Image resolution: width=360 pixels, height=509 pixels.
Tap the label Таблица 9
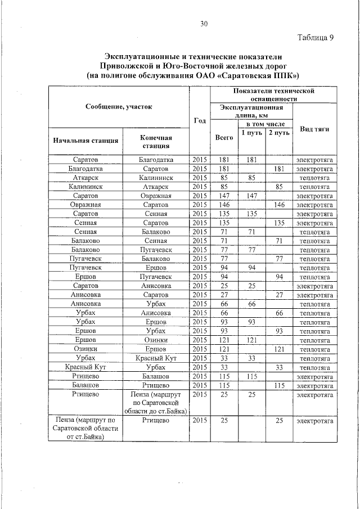click(315, 38)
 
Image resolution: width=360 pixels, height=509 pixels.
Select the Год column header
click(200, 120)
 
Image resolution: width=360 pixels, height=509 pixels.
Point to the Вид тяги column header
click(314, 129)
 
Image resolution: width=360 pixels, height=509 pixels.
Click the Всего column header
click(224, 137)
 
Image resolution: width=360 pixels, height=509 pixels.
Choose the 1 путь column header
click(251, 133)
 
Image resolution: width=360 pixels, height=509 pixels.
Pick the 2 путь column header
click(278, 133)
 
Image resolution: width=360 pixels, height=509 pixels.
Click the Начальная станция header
click(85, 141)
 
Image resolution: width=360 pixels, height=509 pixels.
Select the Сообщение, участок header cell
click(119, 106)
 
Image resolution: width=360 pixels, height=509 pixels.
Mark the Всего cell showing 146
click(224, 205)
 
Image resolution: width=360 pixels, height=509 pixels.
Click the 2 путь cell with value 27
click(278, 295)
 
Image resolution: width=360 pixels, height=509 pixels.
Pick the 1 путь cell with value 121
click(251, 340)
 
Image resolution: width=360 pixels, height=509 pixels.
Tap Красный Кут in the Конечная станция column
click(156, 358)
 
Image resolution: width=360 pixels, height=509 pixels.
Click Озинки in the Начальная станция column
click(85, 349)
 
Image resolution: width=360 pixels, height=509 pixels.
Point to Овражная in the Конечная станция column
click(156, 196)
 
